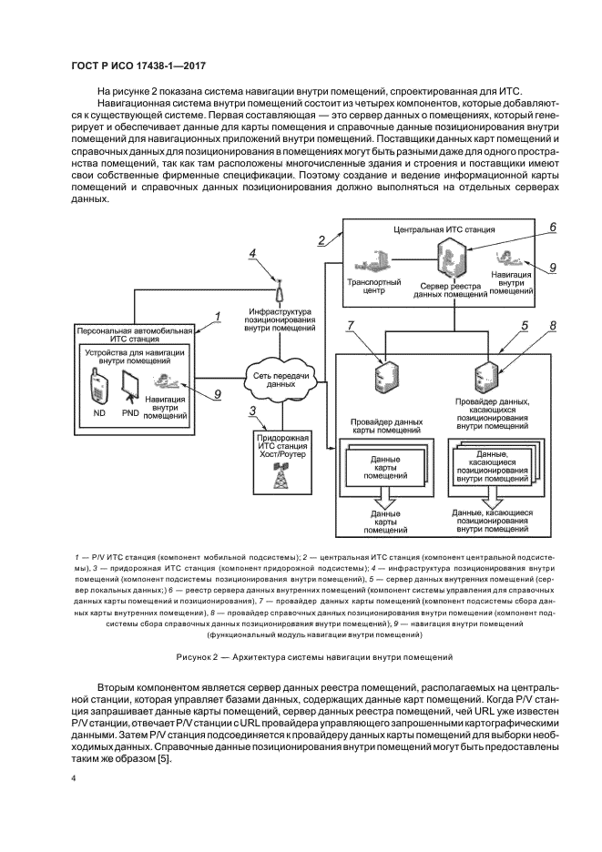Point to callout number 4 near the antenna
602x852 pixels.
coord(253,255)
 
